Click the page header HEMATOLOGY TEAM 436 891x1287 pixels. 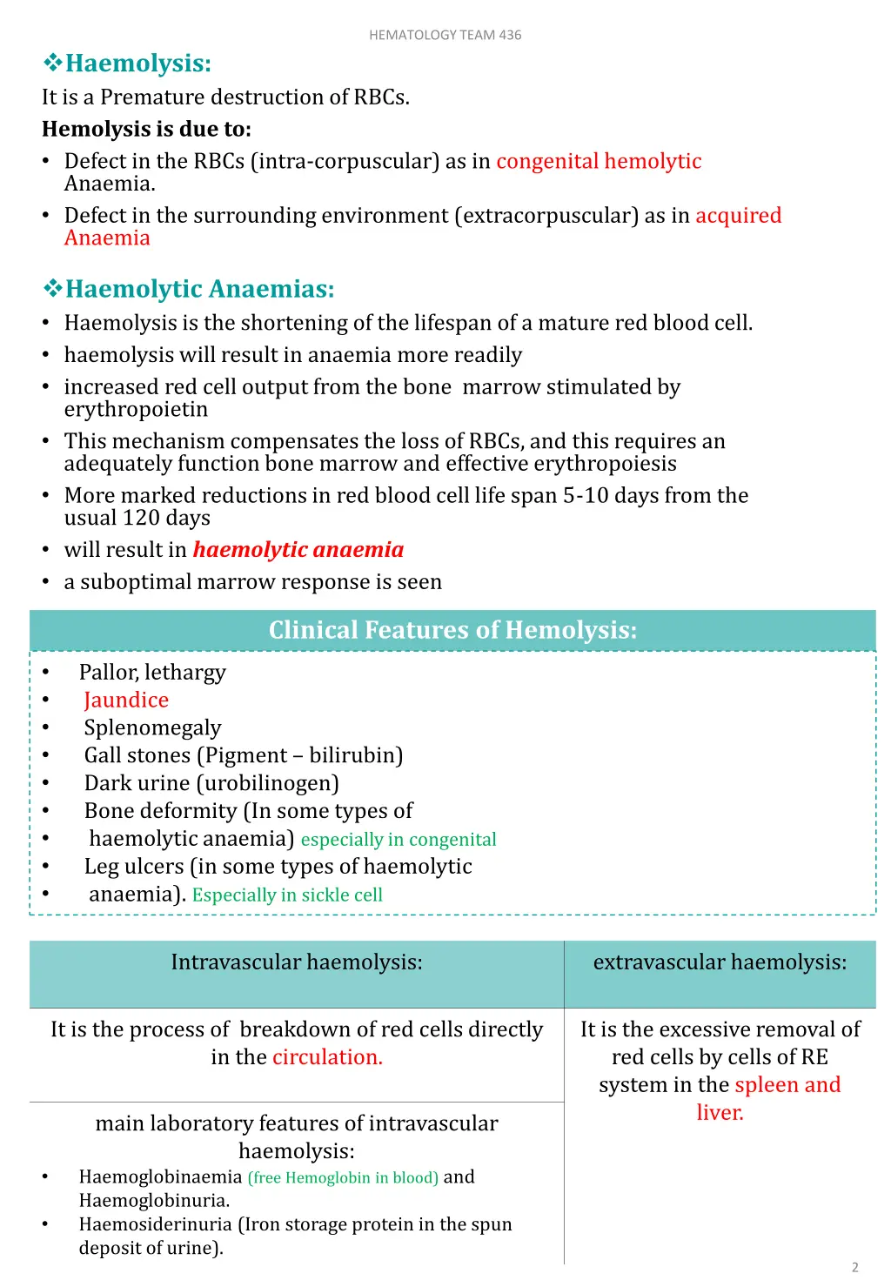click(x=445, y=35)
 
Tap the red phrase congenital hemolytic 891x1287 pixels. click(x=599, y=161)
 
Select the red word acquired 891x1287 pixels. click(x=738, y=215)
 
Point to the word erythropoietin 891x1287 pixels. click(x=136, y=409)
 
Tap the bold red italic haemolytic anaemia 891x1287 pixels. click(x=298, y=550)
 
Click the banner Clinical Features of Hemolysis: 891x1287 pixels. click(x=452, y=630)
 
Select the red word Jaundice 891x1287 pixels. click(x=126, y=700)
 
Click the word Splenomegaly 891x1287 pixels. click(x=152, y=727)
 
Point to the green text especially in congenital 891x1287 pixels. click(x=399, y=840)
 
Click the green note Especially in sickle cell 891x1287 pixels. click(x=287, y=895)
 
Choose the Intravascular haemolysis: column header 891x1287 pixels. click(x=297, y=962)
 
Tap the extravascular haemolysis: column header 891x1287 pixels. click(x=720, y=962)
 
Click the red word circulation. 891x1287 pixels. click(x=327, y=1057)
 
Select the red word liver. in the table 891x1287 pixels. click(x=720, y=1113)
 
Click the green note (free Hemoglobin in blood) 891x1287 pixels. click(x=343, y=1178)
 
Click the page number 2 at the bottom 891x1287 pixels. click(x=854, y=1267)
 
